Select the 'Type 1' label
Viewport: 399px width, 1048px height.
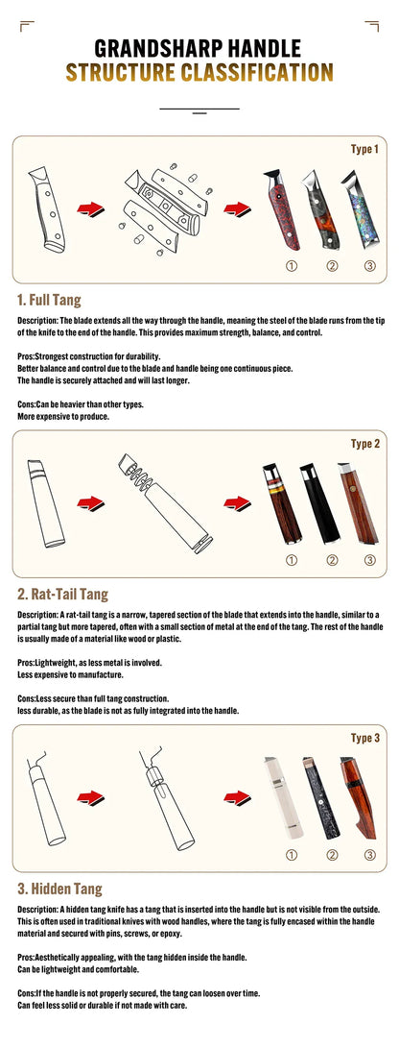pyautogui.click(x=364, y=149)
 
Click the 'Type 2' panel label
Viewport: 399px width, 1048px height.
pyautogui.click(x=365, y=444)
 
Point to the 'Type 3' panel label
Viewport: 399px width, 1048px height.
pyautogui.click(x=365, y=738)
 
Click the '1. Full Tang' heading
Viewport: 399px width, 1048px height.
pyautogui.click(x=49, y=300)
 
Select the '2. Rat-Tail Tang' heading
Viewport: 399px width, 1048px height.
pyautogui.click(x=62, y=594)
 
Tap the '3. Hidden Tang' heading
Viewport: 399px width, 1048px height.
pyautogui.click(x=60, y=889)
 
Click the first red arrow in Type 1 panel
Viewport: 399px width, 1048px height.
pyautogui.click(x=90, y=209)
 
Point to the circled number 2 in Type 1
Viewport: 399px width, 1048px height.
pyautogui.click(x=332, y=266)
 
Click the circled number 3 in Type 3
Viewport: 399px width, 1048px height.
pyautogui.click(x=370, y=855)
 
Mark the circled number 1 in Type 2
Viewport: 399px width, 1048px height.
pyautogui.click(x=292, y=560)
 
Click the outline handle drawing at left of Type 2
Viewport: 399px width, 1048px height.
pyautogui.click(x=45, y=502)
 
